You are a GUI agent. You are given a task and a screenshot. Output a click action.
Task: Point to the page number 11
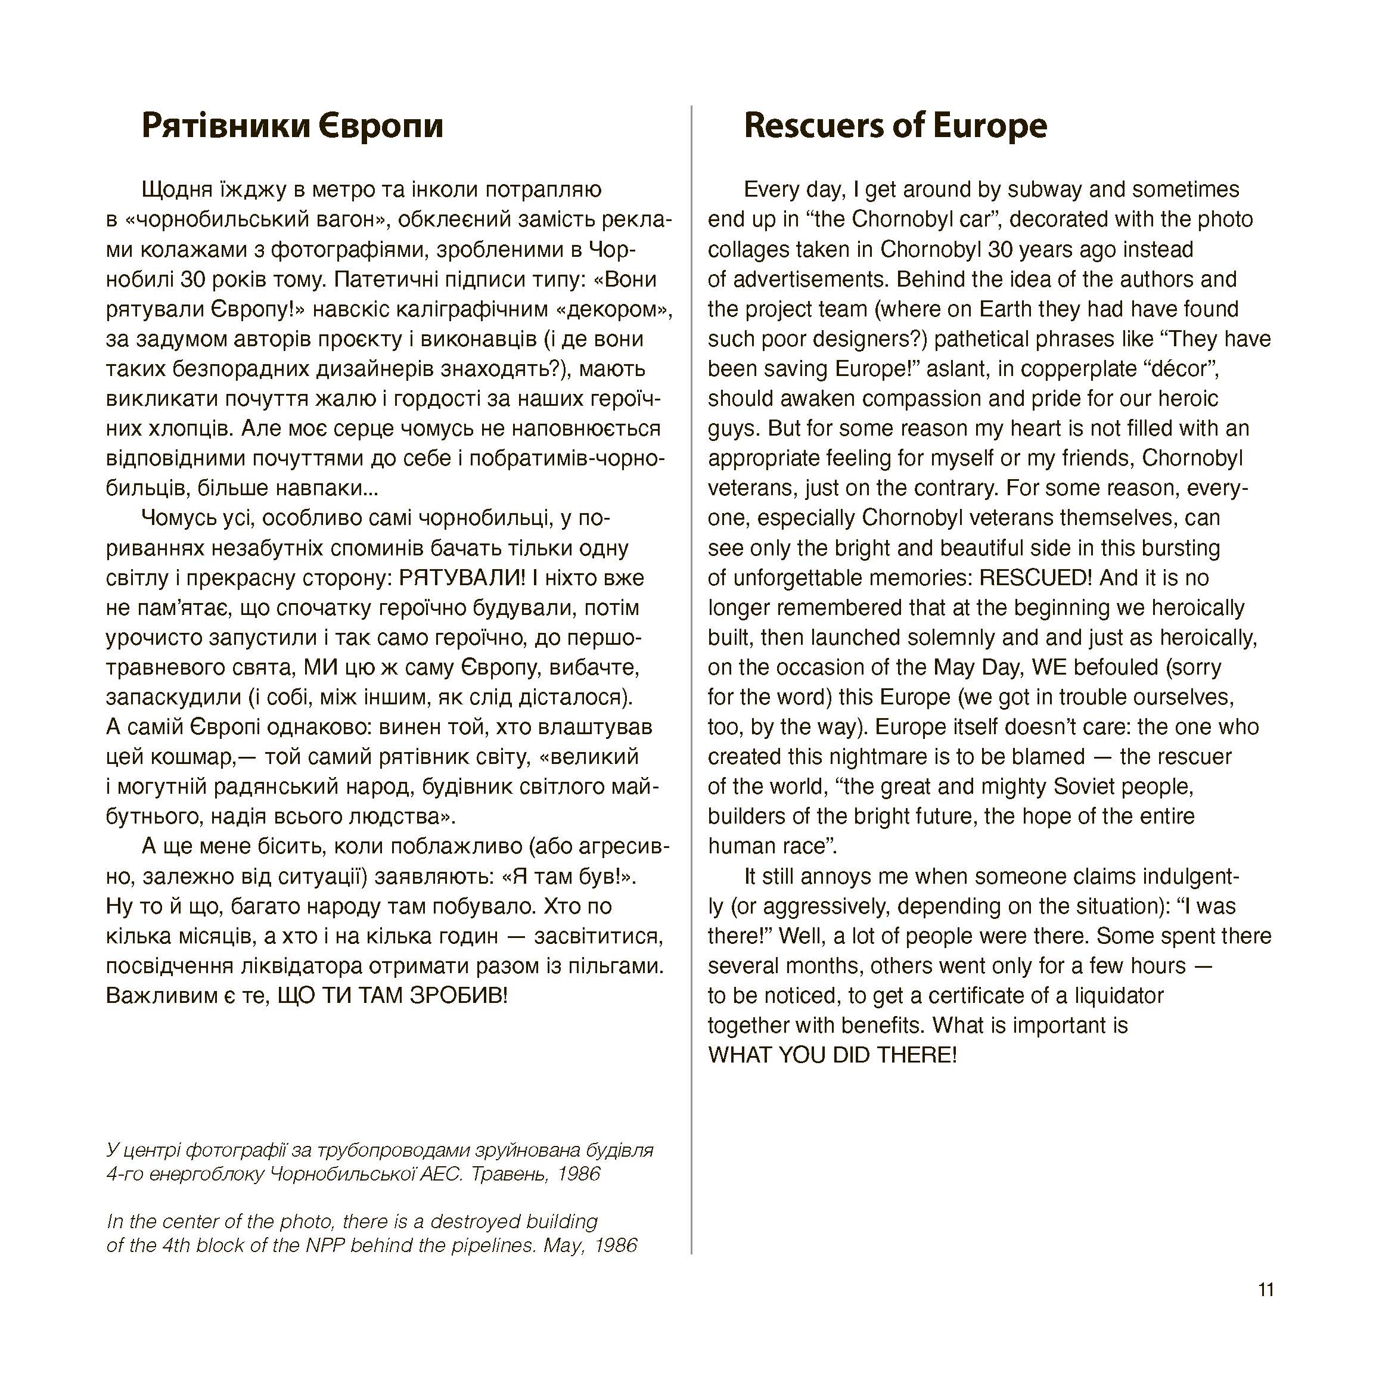pyautogui.click(x=1266, y=1309)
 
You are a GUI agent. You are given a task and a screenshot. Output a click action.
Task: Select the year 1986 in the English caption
pyautogui.click(x=616, y=1245)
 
